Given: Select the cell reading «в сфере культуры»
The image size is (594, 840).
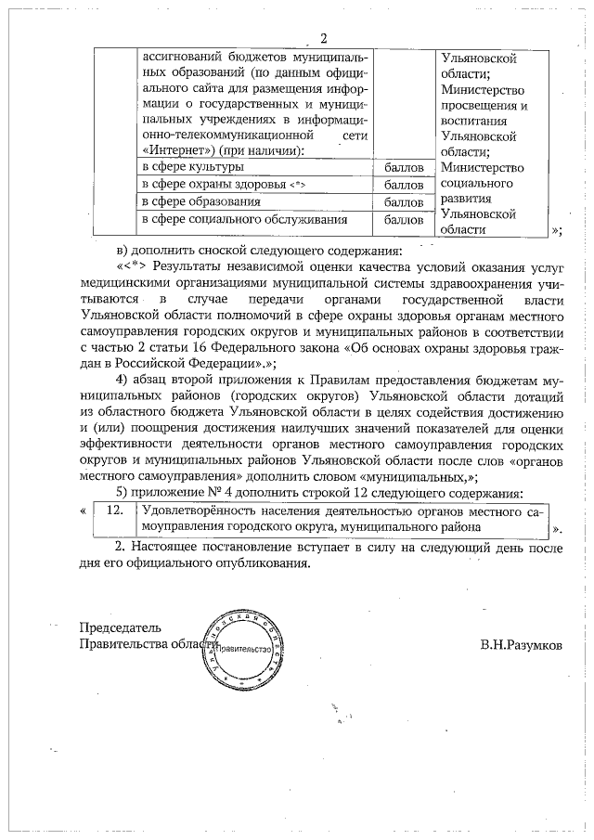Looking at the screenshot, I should click(192, 167).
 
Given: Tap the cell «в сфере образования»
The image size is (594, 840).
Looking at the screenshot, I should click(194, 202).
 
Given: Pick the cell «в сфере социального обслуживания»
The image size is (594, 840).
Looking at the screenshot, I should click(244, 220).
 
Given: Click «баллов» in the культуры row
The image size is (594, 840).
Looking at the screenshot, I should click(404, 168).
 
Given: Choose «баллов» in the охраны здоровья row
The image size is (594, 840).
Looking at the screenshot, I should click(404, 186).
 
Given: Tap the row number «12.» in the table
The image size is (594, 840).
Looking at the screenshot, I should click(113, 510).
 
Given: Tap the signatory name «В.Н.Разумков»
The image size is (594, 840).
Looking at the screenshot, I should click(521, 644).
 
